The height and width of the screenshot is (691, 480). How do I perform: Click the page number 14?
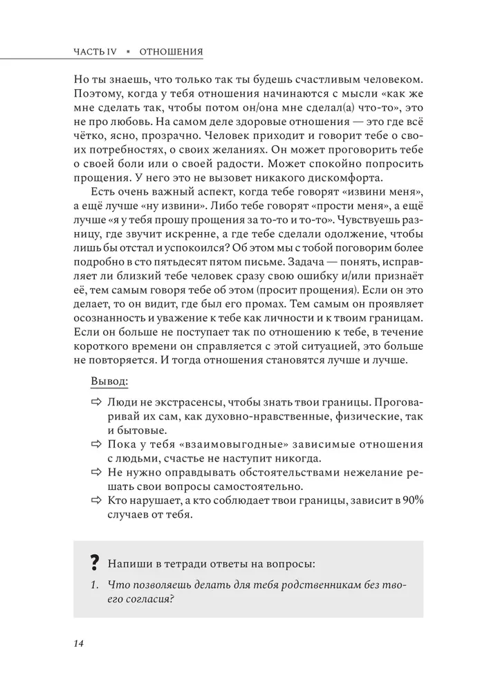click(77, 643)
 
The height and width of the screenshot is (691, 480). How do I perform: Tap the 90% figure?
click(396, 500)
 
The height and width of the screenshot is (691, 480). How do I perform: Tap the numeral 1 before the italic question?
click(95, 585)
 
